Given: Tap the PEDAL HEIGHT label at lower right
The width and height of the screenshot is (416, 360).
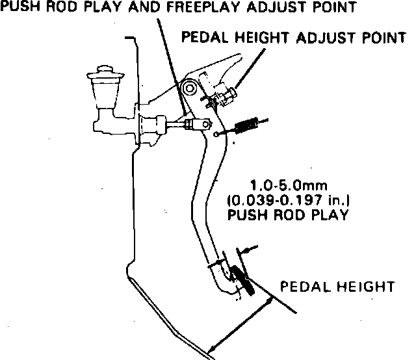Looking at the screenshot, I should point(337,286).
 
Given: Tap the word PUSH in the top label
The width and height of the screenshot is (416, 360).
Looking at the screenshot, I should point(18,8).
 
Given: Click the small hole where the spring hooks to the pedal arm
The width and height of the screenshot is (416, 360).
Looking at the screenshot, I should point(216,135).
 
